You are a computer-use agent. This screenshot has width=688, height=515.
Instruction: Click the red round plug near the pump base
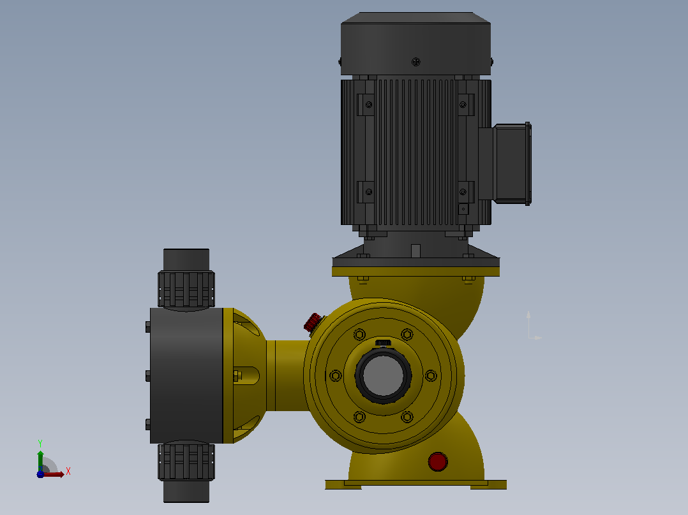(x=437, y=461)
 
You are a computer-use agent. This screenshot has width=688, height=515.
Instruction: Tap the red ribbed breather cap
(x=313, y=322)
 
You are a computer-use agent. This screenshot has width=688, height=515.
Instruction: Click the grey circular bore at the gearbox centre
(x=383, y=375)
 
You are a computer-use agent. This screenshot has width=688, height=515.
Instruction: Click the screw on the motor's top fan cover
(x=415, y=62)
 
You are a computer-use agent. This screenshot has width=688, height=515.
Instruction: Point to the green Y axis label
(x=40, y=443)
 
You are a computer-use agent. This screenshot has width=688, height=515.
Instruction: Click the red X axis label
(x=68, y=472)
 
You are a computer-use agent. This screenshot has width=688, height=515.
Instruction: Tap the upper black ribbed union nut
(x=186, y=289)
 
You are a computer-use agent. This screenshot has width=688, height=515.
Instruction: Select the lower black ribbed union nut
(x=186, y=462)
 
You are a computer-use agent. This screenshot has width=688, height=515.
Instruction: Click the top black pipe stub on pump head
(x=186, y=259)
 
